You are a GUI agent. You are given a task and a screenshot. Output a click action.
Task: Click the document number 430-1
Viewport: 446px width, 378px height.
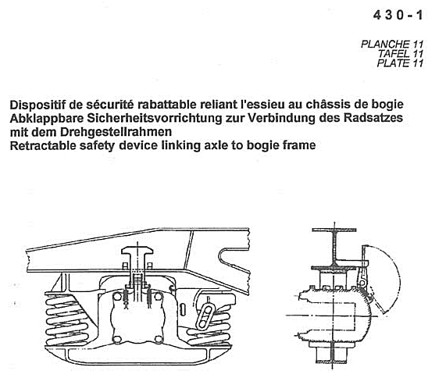[x=398, y=15]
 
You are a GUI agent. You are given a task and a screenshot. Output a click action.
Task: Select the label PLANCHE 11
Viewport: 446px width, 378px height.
[x=392, y=45]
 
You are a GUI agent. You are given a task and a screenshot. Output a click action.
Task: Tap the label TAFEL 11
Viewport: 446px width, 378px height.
[x=401, y=54]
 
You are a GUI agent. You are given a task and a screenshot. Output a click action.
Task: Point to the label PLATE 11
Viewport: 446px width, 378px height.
[x=400, y=63]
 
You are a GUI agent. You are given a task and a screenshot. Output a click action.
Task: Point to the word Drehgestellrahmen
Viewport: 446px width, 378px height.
[x=116, y=132]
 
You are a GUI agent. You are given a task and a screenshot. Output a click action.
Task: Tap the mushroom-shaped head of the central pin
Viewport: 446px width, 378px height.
[x=137, y=251]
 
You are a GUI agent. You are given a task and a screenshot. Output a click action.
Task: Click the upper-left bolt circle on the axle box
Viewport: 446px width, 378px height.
[x=117, y=297]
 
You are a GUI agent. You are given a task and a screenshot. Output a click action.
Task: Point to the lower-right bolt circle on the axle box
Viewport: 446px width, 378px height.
[x=158, y=339]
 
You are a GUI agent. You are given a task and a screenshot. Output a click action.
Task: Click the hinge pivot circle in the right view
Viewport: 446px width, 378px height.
[x=362, y=283]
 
